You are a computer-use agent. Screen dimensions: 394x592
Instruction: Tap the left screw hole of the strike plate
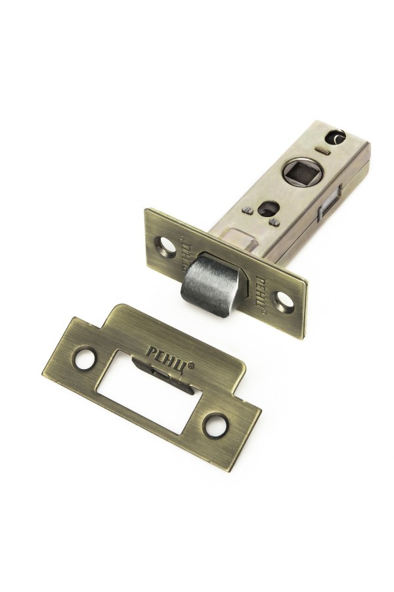click(84, 358)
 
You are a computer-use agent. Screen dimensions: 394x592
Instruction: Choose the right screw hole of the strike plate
click(215, 425)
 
